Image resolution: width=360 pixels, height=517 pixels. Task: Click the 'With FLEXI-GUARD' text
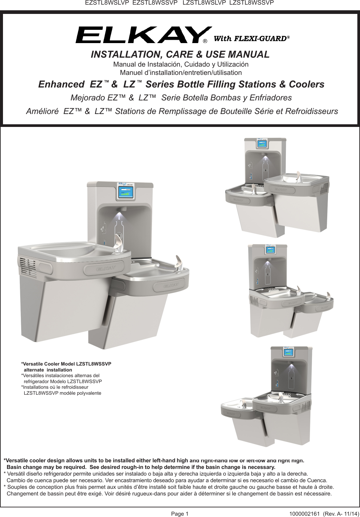click(x=251, y=38)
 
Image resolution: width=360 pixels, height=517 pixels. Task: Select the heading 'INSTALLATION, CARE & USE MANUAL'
click(x=180, y=54)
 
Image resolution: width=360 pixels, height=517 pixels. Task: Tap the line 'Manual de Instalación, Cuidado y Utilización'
click(x=181, y=64)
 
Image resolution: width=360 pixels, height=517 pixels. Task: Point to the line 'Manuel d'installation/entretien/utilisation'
click(x=181, y=73)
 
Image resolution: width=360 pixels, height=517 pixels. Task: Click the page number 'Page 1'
click(x=180, y=514)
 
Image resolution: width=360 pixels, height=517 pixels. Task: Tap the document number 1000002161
click(x=304, y=514)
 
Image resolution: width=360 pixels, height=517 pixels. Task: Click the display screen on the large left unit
click(x=126, y=192)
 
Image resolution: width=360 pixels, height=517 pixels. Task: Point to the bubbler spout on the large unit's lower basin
click(x=179, y=264)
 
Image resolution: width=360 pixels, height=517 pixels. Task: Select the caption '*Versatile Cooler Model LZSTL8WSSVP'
click(x=66, y=364)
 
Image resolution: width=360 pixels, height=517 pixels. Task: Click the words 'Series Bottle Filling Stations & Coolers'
click(x=235, y=85)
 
